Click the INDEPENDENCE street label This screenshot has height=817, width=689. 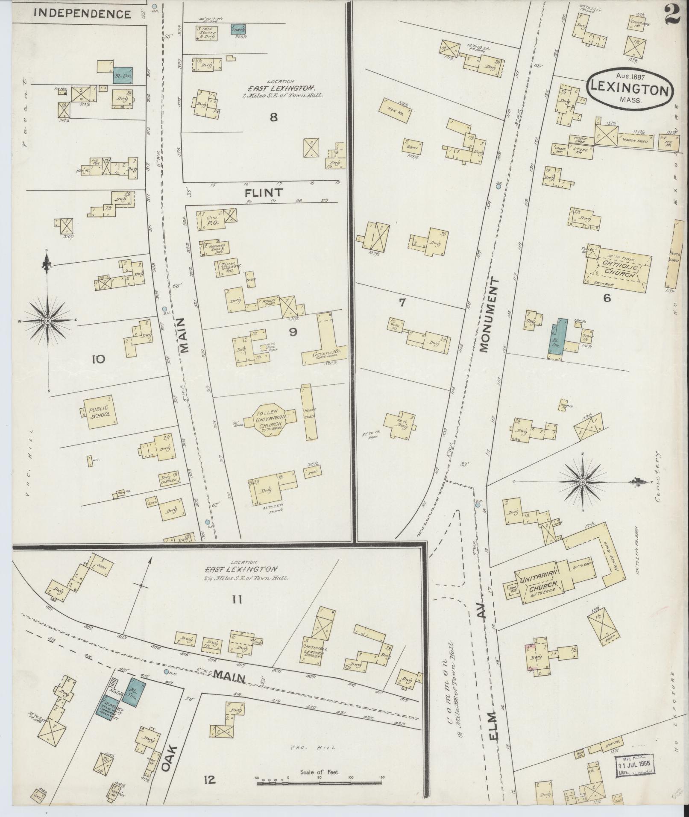(82, 14)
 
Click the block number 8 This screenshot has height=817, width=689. (273, 117)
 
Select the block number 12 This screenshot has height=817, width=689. (209, 780)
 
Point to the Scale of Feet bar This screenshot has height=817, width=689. (319, 784)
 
